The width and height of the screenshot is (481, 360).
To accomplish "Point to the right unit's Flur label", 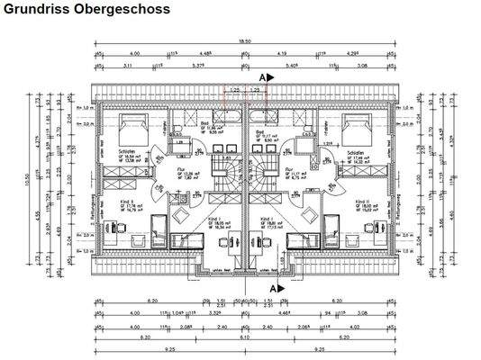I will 289,167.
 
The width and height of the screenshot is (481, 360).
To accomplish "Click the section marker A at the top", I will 264,78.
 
